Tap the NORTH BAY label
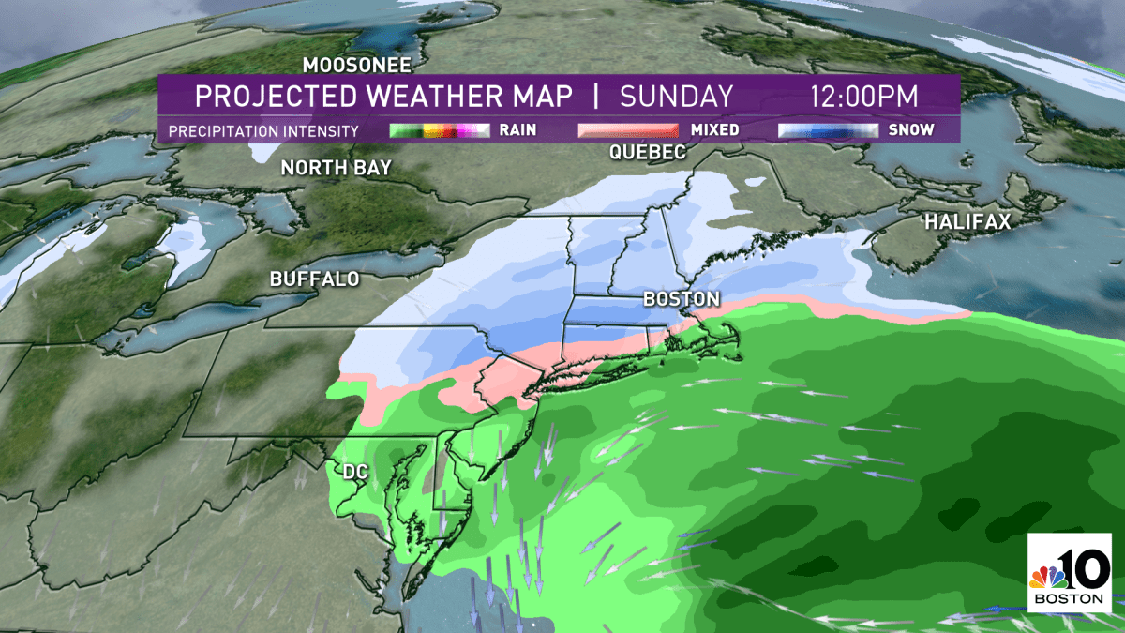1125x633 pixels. (337, 168)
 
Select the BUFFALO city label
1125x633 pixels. (315, 279)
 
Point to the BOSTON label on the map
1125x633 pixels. (682, 299)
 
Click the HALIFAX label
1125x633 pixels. (969, 222)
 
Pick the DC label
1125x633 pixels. (354, 472)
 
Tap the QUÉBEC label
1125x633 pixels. (648, 154)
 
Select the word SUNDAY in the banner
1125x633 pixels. (676, 97)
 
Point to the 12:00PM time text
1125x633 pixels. (864, 97)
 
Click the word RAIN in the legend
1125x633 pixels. (517, 130)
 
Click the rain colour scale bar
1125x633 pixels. (440, 130)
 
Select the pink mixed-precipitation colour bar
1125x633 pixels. (627, 130)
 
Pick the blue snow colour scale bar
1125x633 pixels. (828, 130)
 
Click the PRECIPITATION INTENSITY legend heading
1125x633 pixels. (263, 130)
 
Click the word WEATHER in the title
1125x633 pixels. (430, 97)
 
